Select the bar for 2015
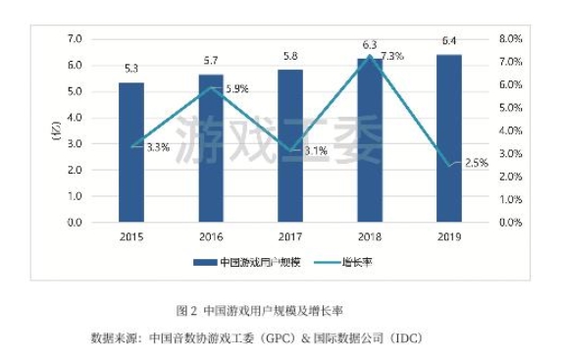pyautogui.click(x=131, y=153)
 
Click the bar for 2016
pyautogui.click(x=211, y=148)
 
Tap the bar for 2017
pyautogui.click(x=290, y=146)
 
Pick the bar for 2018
pyautogui.click(x=370, y=140)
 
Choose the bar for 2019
pyautogui.click(x=449, y=138)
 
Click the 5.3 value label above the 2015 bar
pyautogui.click(x=131, y=69)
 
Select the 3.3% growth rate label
pyautogui.click(x=158, y=147)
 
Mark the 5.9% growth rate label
pyautogui.click(x=236, y=89)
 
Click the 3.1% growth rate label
pyautogui.click(x=316, y=151)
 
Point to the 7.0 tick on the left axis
pyautogui.click(x=74, y=39)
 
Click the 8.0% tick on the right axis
pyautogui.click(x=511, y=39)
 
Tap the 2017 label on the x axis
pyautogui.click(x=290, y=236)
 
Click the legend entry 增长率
pyautogui.click(x=357, y=262)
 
